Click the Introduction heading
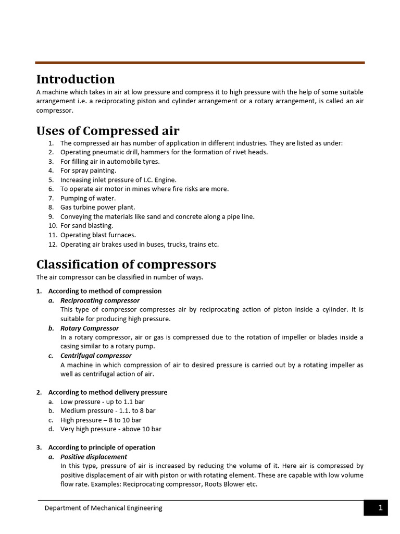76,79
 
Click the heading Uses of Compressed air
108,130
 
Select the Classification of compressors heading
126,264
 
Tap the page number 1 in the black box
380,508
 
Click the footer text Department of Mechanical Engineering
103,508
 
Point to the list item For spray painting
88,171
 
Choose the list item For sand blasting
86,226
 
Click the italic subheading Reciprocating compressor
100,300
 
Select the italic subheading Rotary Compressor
90,329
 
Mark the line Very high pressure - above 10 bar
111,429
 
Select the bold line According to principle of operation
102,447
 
